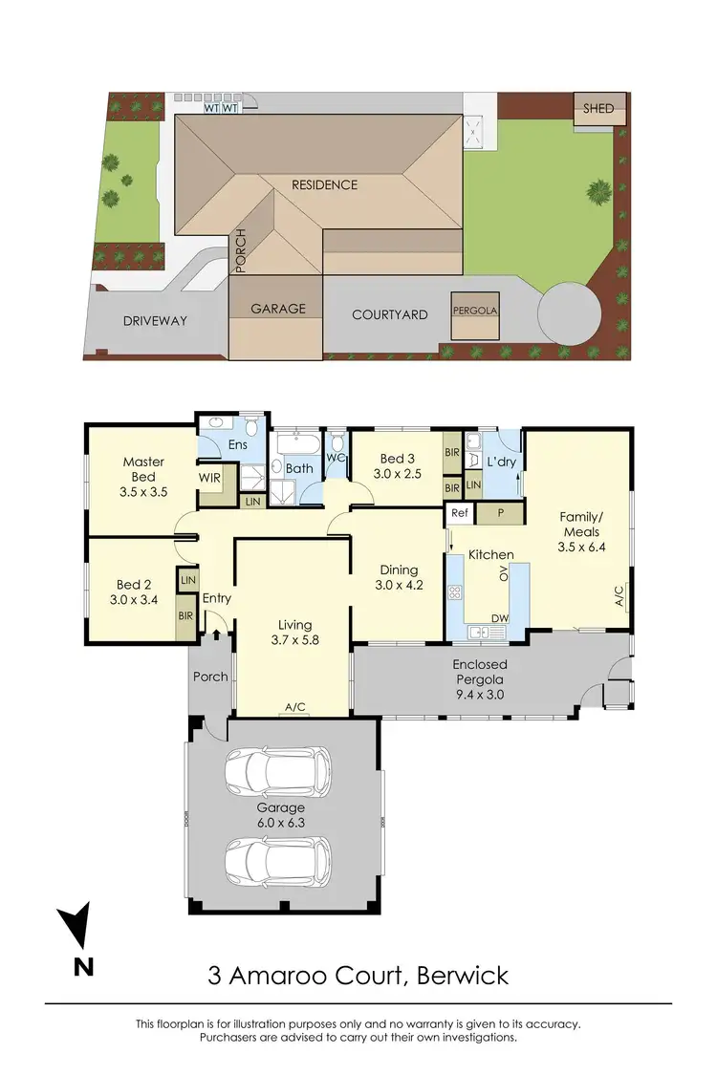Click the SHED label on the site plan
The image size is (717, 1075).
click(x=599, y=109)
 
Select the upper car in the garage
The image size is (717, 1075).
click(x=278, y=771)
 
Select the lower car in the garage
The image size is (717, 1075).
click(x=278, y=861)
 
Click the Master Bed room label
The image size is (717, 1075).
click(x=143, y=469)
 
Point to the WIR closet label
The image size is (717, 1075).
click(x=210, y=477)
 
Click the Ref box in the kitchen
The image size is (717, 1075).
click(x=459, y=513)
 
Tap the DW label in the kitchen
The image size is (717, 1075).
click(x=498, y=619)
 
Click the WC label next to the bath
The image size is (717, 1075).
click(x=337, y=459)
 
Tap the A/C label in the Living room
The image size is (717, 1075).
click(x=294, y=707)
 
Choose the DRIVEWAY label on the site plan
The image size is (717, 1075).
click(x=154, y=321)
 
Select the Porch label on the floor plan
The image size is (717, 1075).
click(x=210, y=677)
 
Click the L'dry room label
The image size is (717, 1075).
click(x=502, y=462)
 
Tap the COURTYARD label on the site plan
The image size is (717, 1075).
click(x=389, y=314)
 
